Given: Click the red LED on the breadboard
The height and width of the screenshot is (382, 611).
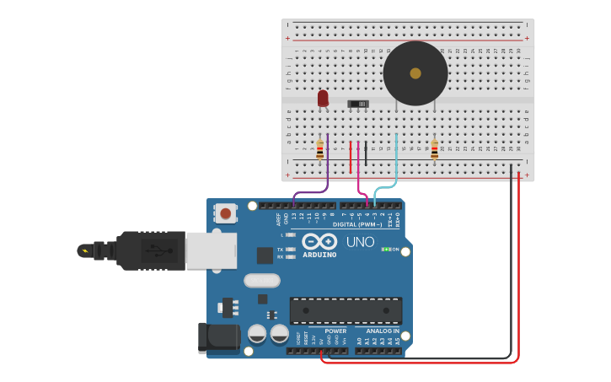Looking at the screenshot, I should click(x=323, y=99).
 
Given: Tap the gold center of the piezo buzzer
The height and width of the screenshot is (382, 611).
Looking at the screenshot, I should click(x=415, y=73).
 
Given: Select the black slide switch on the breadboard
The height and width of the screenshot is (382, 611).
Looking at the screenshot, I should click(x=358, y=104).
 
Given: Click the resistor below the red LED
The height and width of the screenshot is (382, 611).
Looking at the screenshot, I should click(x=319, y=150).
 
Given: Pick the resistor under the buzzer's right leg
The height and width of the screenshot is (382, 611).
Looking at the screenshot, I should click(x=434, y=150).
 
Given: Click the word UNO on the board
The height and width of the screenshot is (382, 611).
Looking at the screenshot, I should click(x=360, y=243).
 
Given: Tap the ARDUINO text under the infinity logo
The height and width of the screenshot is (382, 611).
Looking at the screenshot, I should click(x=319, y=255).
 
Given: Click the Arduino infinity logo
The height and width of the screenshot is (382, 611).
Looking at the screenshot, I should click(x=319, y=241).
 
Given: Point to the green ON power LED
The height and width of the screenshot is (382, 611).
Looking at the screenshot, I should click(x=387, y=250).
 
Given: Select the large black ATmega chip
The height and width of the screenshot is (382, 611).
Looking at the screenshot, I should click(x=346, y=309).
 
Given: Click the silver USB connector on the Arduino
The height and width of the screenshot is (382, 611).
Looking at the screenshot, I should click(x=212, y=250).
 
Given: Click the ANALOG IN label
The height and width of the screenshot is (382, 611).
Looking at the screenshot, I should click(x=383, y=331).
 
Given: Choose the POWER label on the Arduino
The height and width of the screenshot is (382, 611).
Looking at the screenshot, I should click(x=335, y=331).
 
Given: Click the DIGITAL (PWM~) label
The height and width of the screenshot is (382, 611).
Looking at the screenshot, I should click(x=357, y=224).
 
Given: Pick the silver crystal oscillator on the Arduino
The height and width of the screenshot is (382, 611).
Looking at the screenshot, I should click(x=262, y=280).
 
